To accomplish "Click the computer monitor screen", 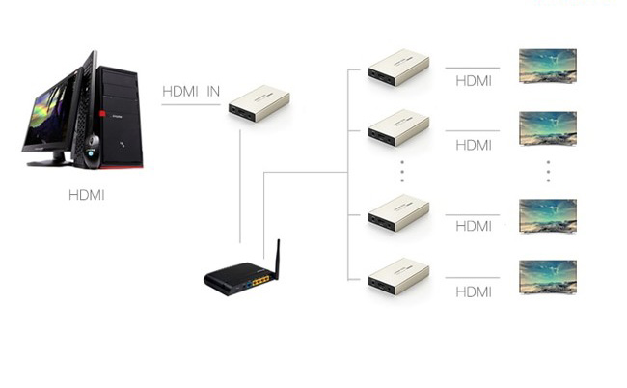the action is pyautogui.click(x=48, y=109).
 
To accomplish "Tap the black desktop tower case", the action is pyautogui.click(x=120, y=117).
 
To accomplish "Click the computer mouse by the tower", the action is pyautogui.click(x=92, y=152).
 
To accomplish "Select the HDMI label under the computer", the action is pyautogui.click(x=87, y=195).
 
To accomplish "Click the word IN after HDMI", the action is pyautogui.click(x=213, y=92).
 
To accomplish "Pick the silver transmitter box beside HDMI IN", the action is pyautogui.click(x=259, y=103).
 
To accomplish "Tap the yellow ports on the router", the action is pyautogui.click(x=260, y=281).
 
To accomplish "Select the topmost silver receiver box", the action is pyautogui.click(x=398, y=68).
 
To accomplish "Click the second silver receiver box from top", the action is pyautogui.click(x=398, y=127).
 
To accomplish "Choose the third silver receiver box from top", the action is pyautogui.click(x=398, y=212).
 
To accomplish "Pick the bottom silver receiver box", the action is pyautogui.click(x=398, y=276).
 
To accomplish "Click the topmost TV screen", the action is pyautogui.click(x=548, y=66).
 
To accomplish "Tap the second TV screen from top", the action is pyautogui.click(x=548, y=128).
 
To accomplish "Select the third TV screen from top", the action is pyautogui.click(x=548, y=216).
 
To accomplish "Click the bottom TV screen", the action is pyautogui.click(x=548, y=278).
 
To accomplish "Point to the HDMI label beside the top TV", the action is pyautogui.click(x=474, y=81).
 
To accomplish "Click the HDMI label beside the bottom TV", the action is pyautogui.click(x=474, y=292).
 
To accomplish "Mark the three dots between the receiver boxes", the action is pyautogui.click(x=402, y=172).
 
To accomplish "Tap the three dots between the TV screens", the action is pyautogui.click(x=548, y=172).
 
